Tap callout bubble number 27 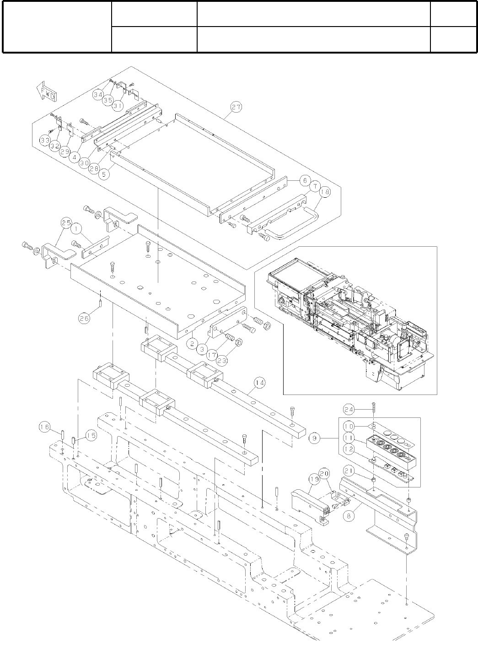(236, 108)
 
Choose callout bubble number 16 (44, 427)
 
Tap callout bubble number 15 (91, 436)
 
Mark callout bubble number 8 (349, 515)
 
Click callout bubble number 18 (325, 193)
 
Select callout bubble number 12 (349, 449)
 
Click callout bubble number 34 (98, 95)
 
